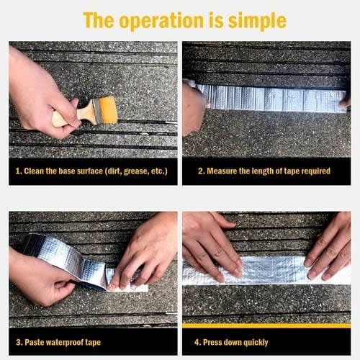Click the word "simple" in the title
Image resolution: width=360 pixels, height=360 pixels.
[x=257, y=21]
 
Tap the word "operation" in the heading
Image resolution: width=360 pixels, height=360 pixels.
[x=162, y=22]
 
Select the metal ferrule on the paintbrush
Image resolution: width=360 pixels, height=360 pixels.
[x=98, y=112]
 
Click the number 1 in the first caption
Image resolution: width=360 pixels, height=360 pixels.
[x=17, y=171]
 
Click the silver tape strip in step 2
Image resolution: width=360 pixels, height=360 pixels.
[x=272, y=99]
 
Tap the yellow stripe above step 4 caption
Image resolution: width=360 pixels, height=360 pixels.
[x=266, y=325]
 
